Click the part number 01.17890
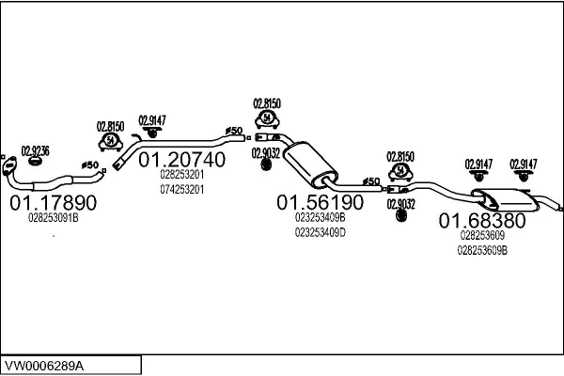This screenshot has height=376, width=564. click(53, 202)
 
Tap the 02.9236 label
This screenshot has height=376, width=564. click(35, 149)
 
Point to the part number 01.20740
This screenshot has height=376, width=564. click(182, 160)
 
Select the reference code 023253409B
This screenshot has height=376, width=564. click(320, 218)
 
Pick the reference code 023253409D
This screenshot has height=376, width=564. click(320, 231)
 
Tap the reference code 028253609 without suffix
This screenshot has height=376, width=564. click(482, 237)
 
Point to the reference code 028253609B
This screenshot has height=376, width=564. click(482, 250)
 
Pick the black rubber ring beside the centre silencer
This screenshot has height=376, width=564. click(265, 165)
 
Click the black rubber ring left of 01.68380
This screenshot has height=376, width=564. click(401, 215)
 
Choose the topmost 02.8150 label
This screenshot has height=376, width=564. click(268, 103)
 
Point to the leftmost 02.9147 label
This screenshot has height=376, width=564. click(151, 119)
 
